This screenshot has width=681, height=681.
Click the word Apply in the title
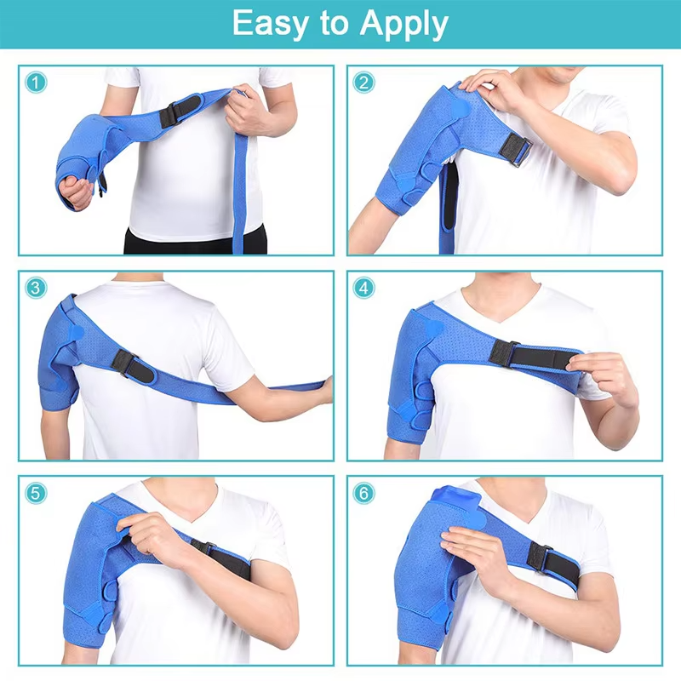pyautogui.click(x=403, y=26)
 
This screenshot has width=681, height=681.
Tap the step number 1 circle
pyautogui.click(x=35, y=83)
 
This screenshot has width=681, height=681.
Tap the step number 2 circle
pyautogui.click(x=364, y=83)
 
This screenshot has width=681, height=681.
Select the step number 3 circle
pyautogui.click(x=35, y=288)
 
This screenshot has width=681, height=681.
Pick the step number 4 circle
pyautogui.click(x=364, y=288)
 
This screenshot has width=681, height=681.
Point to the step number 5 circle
pyautogui.click(x=35, y=493)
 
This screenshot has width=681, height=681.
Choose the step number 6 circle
pyautogui.click(x=364, y=493)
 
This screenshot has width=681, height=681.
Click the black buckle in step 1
pyautogui.click(x=180, y=111)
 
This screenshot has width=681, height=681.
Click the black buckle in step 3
pyautogui.click(x=128, y=363)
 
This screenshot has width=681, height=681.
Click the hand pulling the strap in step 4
pyautogui.click(x=606, y=375)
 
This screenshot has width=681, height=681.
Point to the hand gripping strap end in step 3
pyautogui.click(x=324, y=389)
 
